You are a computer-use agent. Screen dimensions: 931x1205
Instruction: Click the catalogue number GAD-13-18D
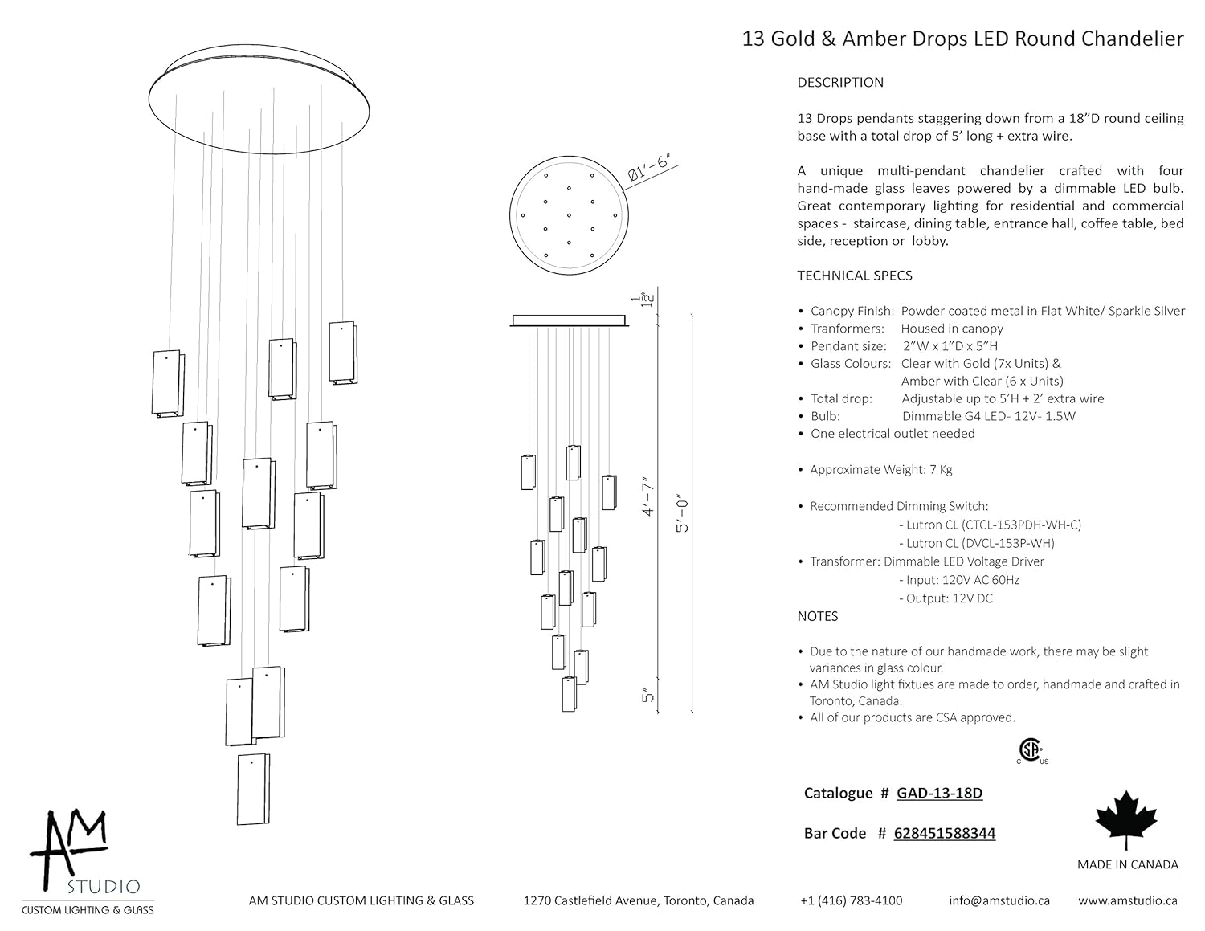pyautogui.click(x=939, y=794)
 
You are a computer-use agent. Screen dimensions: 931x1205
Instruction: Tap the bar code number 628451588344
pyautogui.click(x=944, y=834)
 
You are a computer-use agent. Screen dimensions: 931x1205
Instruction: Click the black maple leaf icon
pyautogui.click(x=1126, y=819)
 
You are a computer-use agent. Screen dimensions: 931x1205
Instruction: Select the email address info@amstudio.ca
pyautogui.click(x=999, y=900)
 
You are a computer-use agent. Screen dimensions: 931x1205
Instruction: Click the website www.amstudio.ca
pyautogui.click(x=1128, y=900)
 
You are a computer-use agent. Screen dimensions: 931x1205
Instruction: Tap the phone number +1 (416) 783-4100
pyautogui.click(x=851, y=900)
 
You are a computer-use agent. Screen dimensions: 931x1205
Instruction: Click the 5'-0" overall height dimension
pyautogui.click(x=684, y=512)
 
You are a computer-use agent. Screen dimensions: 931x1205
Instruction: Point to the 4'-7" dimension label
pyautogui.click(x=648, y=496)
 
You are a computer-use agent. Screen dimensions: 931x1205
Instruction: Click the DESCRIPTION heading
pyautogui.click(x=839, y=83)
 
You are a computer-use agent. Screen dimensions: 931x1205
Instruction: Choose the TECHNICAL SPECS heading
pyautogui.click(x=854, y=276)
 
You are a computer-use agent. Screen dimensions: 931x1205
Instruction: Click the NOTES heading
pyautogui.click(x=817, y=616)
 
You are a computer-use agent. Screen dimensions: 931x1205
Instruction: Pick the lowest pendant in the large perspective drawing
pyautogui.click(x=253, y=789)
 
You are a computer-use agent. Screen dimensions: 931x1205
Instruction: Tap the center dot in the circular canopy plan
pyautogui.click(x=569, y=215)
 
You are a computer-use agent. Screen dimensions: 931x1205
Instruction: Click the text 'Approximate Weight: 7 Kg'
pyautogui.click(x=880, y=470)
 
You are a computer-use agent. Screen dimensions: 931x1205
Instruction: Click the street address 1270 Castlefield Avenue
pyautogui.click(x=639, y=900)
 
